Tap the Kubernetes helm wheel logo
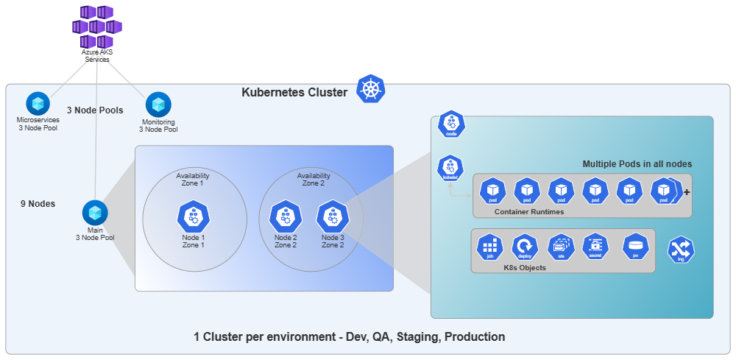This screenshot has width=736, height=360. (x=370, y=89)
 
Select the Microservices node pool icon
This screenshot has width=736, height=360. (x=37, y=103)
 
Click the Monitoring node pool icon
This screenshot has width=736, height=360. (x=158, y=104)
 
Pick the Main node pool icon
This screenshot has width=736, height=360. (x=94, y=213)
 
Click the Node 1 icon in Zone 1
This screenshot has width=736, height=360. (x=193, y=216)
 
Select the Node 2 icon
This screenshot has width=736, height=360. (x=285, y=216)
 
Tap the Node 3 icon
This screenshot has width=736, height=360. (x=332, y=216)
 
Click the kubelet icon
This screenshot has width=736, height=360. (x=450, y=168)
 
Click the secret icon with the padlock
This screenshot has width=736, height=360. (x=595, y=246)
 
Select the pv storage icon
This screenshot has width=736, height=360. (x=635, y=246)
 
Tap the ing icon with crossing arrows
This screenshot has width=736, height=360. (x=682, y=250)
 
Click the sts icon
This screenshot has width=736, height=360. (x=560, y=246)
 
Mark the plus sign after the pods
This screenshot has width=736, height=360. (x=687, y=192)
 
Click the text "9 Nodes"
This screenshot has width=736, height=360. (x=38, y=204)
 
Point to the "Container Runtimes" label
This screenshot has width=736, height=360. (x=529, y=211)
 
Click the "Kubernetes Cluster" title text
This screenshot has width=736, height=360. (x=294, y=93)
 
